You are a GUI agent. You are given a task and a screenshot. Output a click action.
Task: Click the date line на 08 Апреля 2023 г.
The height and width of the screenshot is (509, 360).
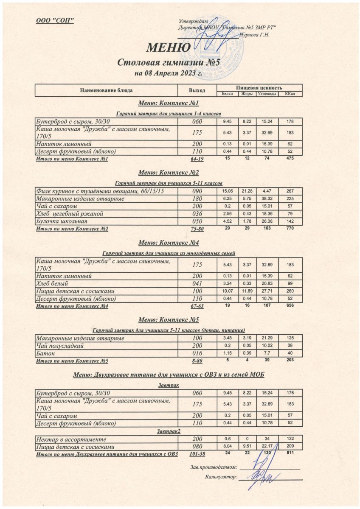point(168,73)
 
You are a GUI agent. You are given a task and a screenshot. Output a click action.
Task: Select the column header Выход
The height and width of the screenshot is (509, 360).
point(197,90)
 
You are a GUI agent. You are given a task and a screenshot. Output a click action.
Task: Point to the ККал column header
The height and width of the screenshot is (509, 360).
point(290,93)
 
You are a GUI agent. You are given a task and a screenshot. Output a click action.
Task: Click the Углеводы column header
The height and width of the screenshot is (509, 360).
point(267,93)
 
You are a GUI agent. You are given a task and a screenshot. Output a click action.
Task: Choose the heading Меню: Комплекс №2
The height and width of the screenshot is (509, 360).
point(169,173)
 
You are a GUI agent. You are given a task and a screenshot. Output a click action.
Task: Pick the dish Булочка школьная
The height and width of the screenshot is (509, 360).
point(62,221)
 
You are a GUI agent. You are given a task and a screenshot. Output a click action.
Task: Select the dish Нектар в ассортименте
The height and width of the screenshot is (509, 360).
point(71,439)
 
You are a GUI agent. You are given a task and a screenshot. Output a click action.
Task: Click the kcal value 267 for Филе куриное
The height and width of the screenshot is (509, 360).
point(290,190)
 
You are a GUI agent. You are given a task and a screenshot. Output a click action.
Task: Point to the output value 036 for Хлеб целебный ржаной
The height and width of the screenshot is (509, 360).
point(197,213)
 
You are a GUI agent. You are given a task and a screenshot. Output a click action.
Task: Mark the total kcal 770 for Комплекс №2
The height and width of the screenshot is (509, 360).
point(290,228)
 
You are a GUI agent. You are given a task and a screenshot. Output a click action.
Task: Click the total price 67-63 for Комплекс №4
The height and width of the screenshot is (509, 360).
point(197,306)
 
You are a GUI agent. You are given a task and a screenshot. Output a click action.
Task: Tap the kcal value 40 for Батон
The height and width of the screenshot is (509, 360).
point(290,353)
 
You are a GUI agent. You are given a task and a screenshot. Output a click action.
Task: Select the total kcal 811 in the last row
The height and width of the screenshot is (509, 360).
point(290,453)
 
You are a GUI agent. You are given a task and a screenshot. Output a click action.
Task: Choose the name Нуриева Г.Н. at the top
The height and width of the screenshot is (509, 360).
point(255,35)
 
